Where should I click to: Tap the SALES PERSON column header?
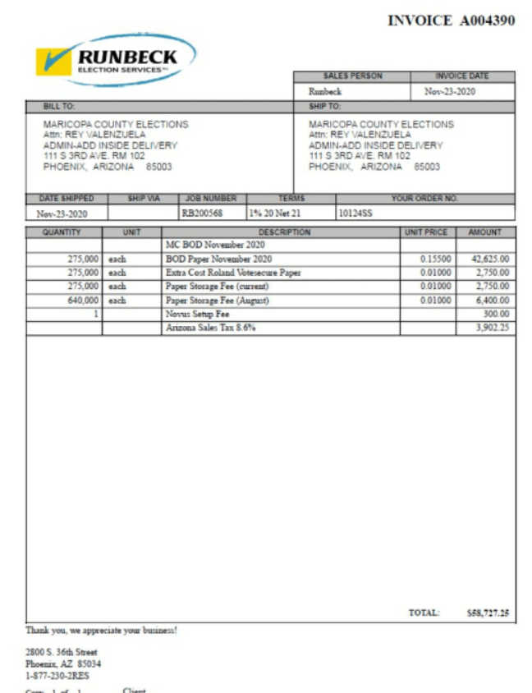(351, 76)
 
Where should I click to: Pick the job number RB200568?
(202, 213)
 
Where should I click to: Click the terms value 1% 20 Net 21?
(275, 213)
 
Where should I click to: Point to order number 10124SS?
(355, 213)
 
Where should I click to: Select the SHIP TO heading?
(324, 107)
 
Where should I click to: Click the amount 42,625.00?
(489, 259)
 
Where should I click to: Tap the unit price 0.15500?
(435, 259)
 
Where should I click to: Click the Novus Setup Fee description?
(197, 314)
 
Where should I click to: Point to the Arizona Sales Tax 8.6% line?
(211, 328)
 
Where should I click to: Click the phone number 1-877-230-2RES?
(57, 677)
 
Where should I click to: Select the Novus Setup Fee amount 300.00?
(495, 314)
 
